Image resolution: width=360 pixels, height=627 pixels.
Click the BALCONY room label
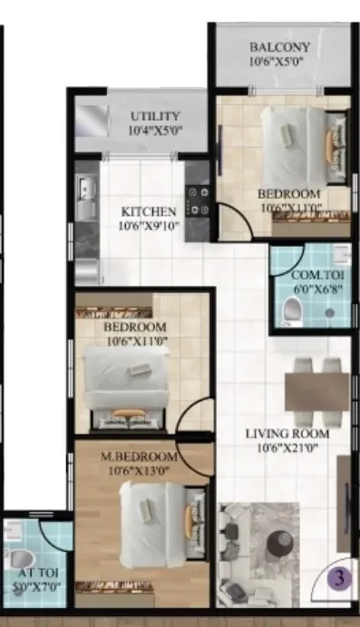click(279, 47)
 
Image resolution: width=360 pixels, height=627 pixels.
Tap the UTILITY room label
click(155, 116)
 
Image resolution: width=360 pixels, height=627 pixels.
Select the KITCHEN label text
click(149, 211)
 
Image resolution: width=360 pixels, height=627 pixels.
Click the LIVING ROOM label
click(287, 434)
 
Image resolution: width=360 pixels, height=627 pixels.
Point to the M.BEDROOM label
click(139, 456)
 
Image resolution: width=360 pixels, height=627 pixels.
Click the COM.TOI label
click(317, 275)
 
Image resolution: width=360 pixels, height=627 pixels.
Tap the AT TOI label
click(38, 573)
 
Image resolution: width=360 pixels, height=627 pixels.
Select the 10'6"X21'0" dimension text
click(287, 448)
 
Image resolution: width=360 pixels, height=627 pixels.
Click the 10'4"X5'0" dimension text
click(155, 131)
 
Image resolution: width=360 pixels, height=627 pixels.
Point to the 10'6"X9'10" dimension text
click(149, 226)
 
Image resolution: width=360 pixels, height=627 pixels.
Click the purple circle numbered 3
click(339, 578)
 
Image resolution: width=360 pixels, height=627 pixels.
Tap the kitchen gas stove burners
click(199, 201)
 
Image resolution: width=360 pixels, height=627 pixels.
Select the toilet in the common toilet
click(292, 310)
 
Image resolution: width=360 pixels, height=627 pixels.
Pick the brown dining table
click(316, 391)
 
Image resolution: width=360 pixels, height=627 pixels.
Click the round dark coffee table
click(280, 544)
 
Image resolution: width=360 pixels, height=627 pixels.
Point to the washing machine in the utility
click(92, 121)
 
